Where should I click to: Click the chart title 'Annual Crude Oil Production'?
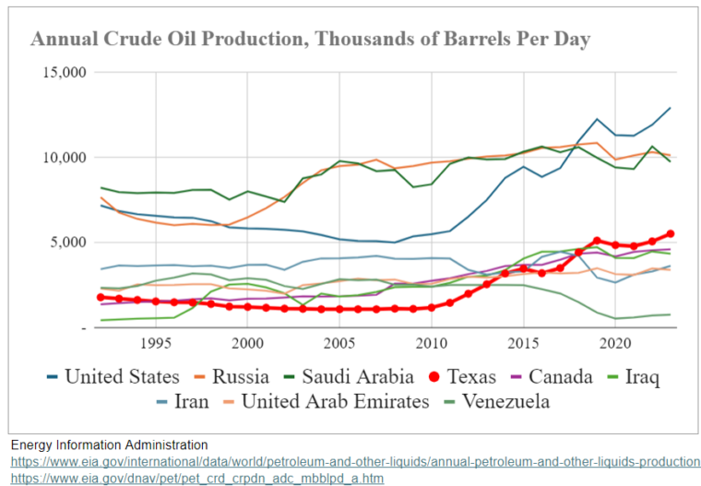(x=310, y=39)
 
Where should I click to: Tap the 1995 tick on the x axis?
(x=155, y=343)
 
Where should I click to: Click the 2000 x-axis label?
(x=247, y=343)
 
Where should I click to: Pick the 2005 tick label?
(x=339, y=343)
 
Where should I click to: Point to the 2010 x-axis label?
(x=431, y=343)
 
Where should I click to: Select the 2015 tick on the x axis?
(x=523, y=343)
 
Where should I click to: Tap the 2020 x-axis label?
(x=615, y=343)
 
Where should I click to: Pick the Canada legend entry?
(x=556, y=376)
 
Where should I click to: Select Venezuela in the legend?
(x=498, y=401)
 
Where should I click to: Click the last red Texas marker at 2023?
(x=671, y=234)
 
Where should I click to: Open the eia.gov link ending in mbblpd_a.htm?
(x=197, y=478)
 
